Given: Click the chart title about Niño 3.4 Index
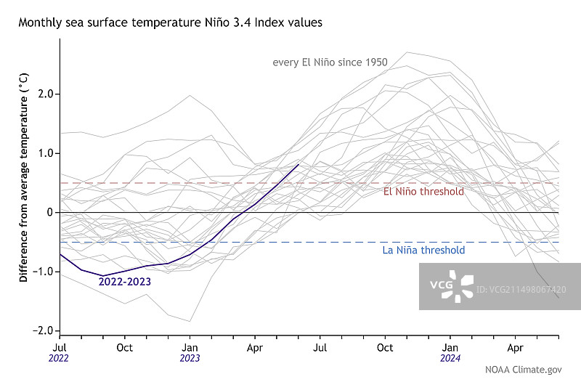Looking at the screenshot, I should click(x=170, y=23).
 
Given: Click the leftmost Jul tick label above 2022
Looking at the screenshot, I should click(x=60, y=347).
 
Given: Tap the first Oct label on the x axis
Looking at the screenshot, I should click(x=124, y=347).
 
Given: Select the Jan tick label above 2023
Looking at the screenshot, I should click(x=190, y=347).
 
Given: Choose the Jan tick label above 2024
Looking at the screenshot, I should click(x=450, y=347).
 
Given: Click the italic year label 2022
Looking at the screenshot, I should click(x=60, y=358).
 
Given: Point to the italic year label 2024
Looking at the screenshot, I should click(x=450, y=358).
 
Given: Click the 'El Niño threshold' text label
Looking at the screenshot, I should click(x=423, y=192).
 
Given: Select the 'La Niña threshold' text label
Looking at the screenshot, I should click(x=423, y=251).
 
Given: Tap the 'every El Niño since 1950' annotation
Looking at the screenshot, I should click(x=330, y=62).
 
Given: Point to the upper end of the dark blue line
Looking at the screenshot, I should click(x=298, y=165).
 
